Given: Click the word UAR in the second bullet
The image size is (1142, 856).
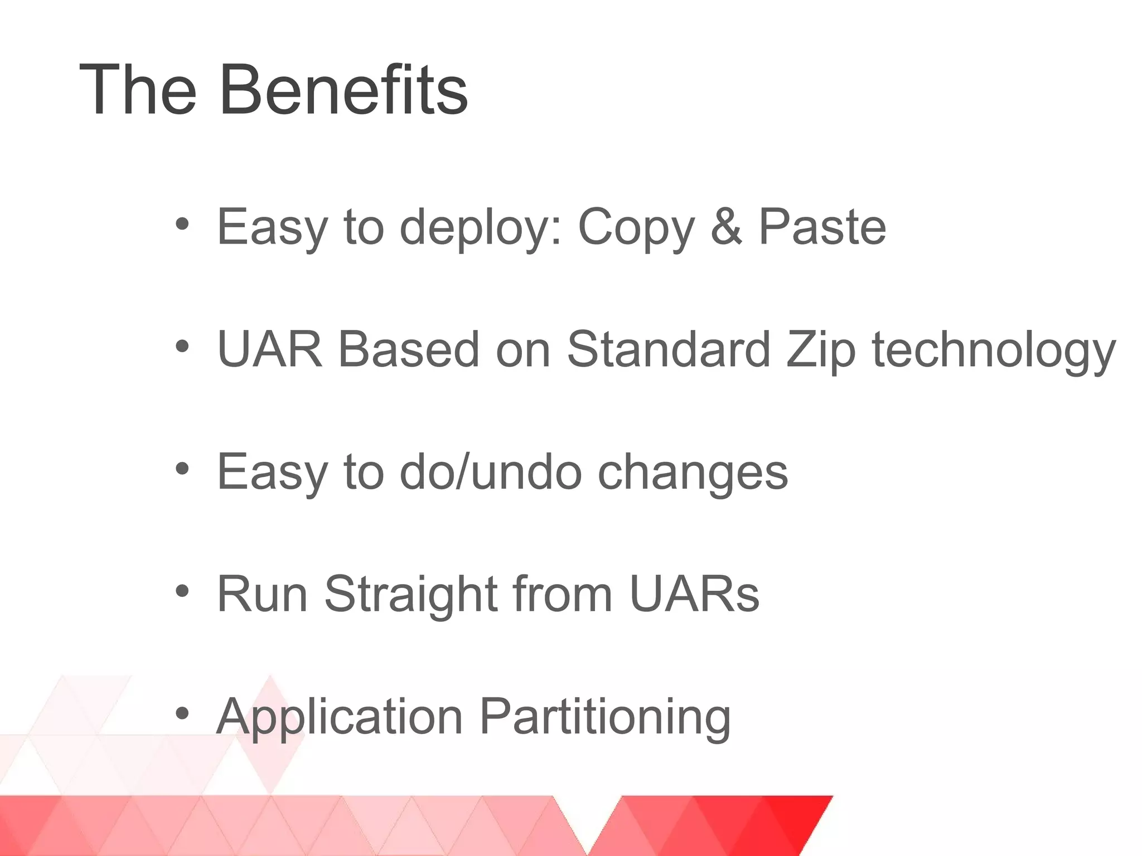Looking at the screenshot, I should (x=270, y=349).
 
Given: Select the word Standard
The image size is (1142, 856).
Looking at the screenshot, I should (x=669, y=349).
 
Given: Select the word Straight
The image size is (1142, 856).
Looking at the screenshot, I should (x=412, y=595).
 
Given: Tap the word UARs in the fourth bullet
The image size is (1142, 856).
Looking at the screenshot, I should (x=694, y=594).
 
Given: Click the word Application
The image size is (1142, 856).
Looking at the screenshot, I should (x=340, y=718).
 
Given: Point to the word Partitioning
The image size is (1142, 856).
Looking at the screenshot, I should (x=605, y=718).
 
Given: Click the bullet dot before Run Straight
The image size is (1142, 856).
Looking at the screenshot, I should (x=182, y=591).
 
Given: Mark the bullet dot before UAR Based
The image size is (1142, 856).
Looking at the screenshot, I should (x=182, y=347).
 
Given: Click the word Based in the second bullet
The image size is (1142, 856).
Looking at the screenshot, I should (x=409, y=349).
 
